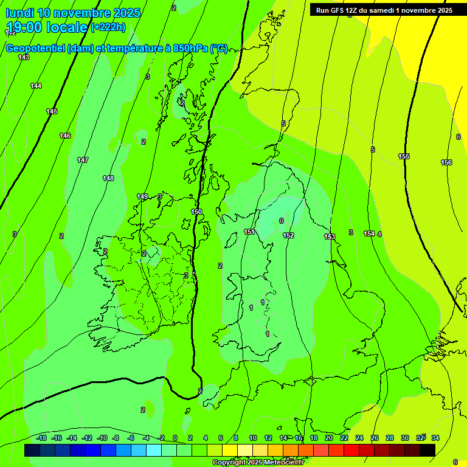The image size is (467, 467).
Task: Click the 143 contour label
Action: (24, 57)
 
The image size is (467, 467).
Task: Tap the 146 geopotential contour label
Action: (65, 136)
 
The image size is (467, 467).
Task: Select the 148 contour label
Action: (108, 178)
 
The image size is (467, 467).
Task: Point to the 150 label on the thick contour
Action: (196, 212)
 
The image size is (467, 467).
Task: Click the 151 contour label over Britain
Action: (249, 232)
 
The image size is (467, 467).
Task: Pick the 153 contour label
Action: (330, 237)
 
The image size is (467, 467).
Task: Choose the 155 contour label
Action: (404, 156)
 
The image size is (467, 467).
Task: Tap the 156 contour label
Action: (446, 162)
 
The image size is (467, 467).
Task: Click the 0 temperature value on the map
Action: (281, 221)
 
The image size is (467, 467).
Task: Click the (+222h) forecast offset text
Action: (108, 27)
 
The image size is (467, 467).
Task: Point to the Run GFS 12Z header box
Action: (383, 10)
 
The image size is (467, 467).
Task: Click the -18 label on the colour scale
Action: (42, 438)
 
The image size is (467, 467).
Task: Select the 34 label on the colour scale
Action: (435, 438)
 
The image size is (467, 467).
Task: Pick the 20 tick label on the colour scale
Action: (329, 438)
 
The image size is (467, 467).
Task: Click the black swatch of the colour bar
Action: (427, 450)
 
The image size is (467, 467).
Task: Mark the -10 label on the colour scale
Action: (102, 438)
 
